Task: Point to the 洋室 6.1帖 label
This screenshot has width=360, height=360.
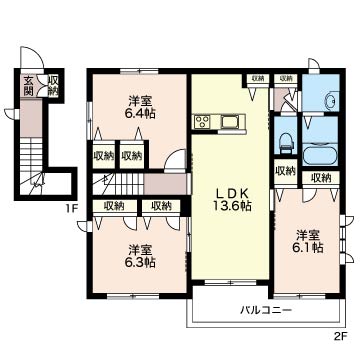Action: click(x=310, y=242)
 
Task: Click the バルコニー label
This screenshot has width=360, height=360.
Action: click(x=266, y=311)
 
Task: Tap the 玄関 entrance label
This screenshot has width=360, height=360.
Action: click(x=28, y=85)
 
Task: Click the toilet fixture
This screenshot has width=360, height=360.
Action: click(x=285, y=143)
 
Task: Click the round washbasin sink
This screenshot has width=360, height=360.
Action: click(x=332, y=100)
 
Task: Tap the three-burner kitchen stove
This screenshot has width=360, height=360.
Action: click(x=202, y=121)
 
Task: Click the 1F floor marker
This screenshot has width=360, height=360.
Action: click(x=71, y=209)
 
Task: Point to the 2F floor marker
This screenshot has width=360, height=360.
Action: click(x=340, y=336)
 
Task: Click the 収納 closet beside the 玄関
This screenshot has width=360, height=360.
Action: click(x=53, y=85)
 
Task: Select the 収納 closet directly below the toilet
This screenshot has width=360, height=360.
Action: click(x=285, y=171)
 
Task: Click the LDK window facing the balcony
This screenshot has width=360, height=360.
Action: click(x=230, y=282)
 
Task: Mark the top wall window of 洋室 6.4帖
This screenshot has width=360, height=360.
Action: click(x=139, y=71)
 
